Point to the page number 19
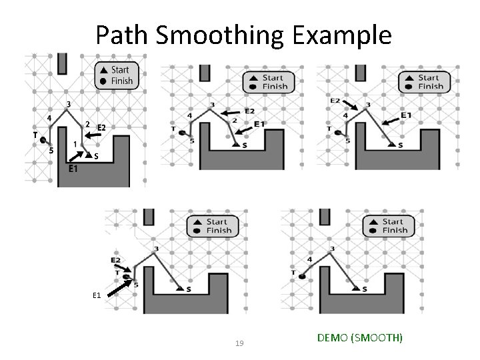pyautogui.click(x=240, y=343)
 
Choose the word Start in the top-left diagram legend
pyautogui.click(x=121, y=70)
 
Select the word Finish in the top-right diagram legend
pyautogui.click(x=430, y=86)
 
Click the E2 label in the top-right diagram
pyautogui.click(x=336, y=101)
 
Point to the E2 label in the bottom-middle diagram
pyautogui.click(x=116, y=259)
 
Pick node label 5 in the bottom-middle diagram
pyautogui.click(x=136, y=285)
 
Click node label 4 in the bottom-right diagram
pyautogui.click(x=309, y=259)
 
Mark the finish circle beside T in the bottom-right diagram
pyautogui.click(x=302, y=275)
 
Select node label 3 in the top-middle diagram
pyautogui.click(x=212, y=105)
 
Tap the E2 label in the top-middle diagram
pyautogui.click(x=250, y=111)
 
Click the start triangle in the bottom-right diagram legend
pyautogui.click(x=369, y=222)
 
